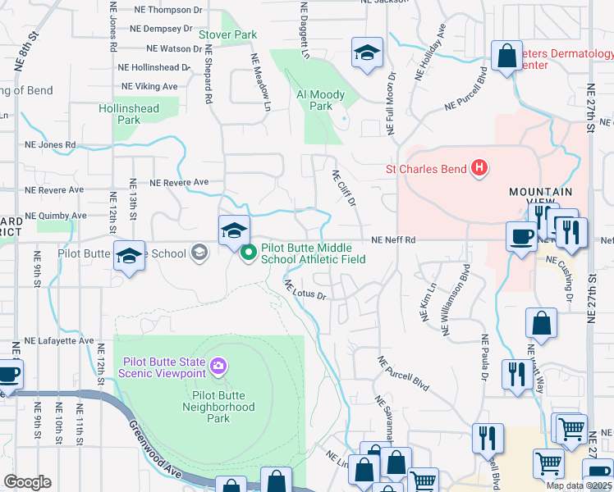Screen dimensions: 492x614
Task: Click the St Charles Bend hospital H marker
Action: click(479, 170)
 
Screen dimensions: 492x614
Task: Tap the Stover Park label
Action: click(228, 35)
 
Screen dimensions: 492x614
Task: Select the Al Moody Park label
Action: click(320, 100)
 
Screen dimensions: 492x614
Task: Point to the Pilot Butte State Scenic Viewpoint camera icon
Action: click(218, 365)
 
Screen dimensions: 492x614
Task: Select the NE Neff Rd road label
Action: click(394, 240)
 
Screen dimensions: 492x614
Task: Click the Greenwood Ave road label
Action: click(153, 450)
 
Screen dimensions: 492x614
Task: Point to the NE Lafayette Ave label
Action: click(59, 340)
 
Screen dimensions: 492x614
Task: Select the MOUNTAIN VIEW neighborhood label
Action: click(540, 197)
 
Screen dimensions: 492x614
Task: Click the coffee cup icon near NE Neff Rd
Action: click(520, 237)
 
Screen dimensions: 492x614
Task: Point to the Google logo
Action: click(27, 482)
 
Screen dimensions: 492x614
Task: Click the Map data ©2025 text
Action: click(579, 485)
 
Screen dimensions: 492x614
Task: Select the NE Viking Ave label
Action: click(149, 86)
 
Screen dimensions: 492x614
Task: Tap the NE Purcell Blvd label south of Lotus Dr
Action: click(403, 372)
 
